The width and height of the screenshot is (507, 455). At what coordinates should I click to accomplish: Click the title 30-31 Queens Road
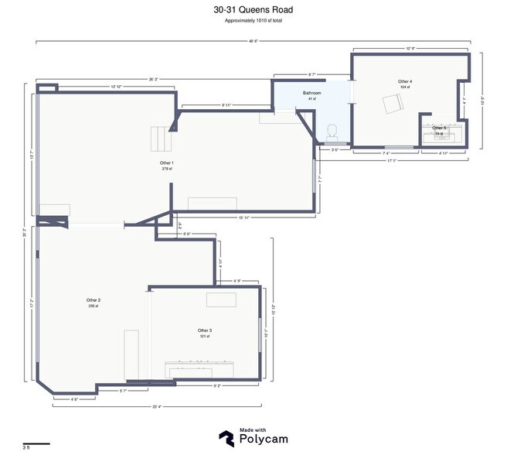click(253, 10)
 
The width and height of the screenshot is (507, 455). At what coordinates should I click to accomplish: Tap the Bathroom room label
click(311, 93)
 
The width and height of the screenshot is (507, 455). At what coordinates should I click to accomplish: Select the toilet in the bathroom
click(333, 132)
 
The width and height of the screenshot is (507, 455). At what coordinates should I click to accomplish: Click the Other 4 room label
click(405, 81)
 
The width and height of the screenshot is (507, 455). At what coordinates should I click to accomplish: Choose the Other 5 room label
click(439, 128)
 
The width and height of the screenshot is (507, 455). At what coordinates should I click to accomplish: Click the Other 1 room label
click(166, 163)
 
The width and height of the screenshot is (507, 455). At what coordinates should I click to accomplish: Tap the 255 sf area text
click(94, 306)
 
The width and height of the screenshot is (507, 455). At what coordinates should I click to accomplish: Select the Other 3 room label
click(204, 330)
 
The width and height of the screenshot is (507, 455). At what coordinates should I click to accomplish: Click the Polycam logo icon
click(227, 438)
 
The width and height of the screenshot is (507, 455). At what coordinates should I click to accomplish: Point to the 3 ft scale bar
click(36, 443)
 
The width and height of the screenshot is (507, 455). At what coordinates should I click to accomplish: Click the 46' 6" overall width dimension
click(253, 40)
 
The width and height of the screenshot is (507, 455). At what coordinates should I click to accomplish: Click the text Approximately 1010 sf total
click(253, 22)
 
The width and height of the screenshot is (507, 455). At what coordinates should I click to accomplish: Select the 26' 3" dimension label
click(155, 78)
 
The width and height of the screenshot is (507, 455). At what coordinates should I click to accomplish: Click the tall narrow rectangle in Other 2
click(131, 354)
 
